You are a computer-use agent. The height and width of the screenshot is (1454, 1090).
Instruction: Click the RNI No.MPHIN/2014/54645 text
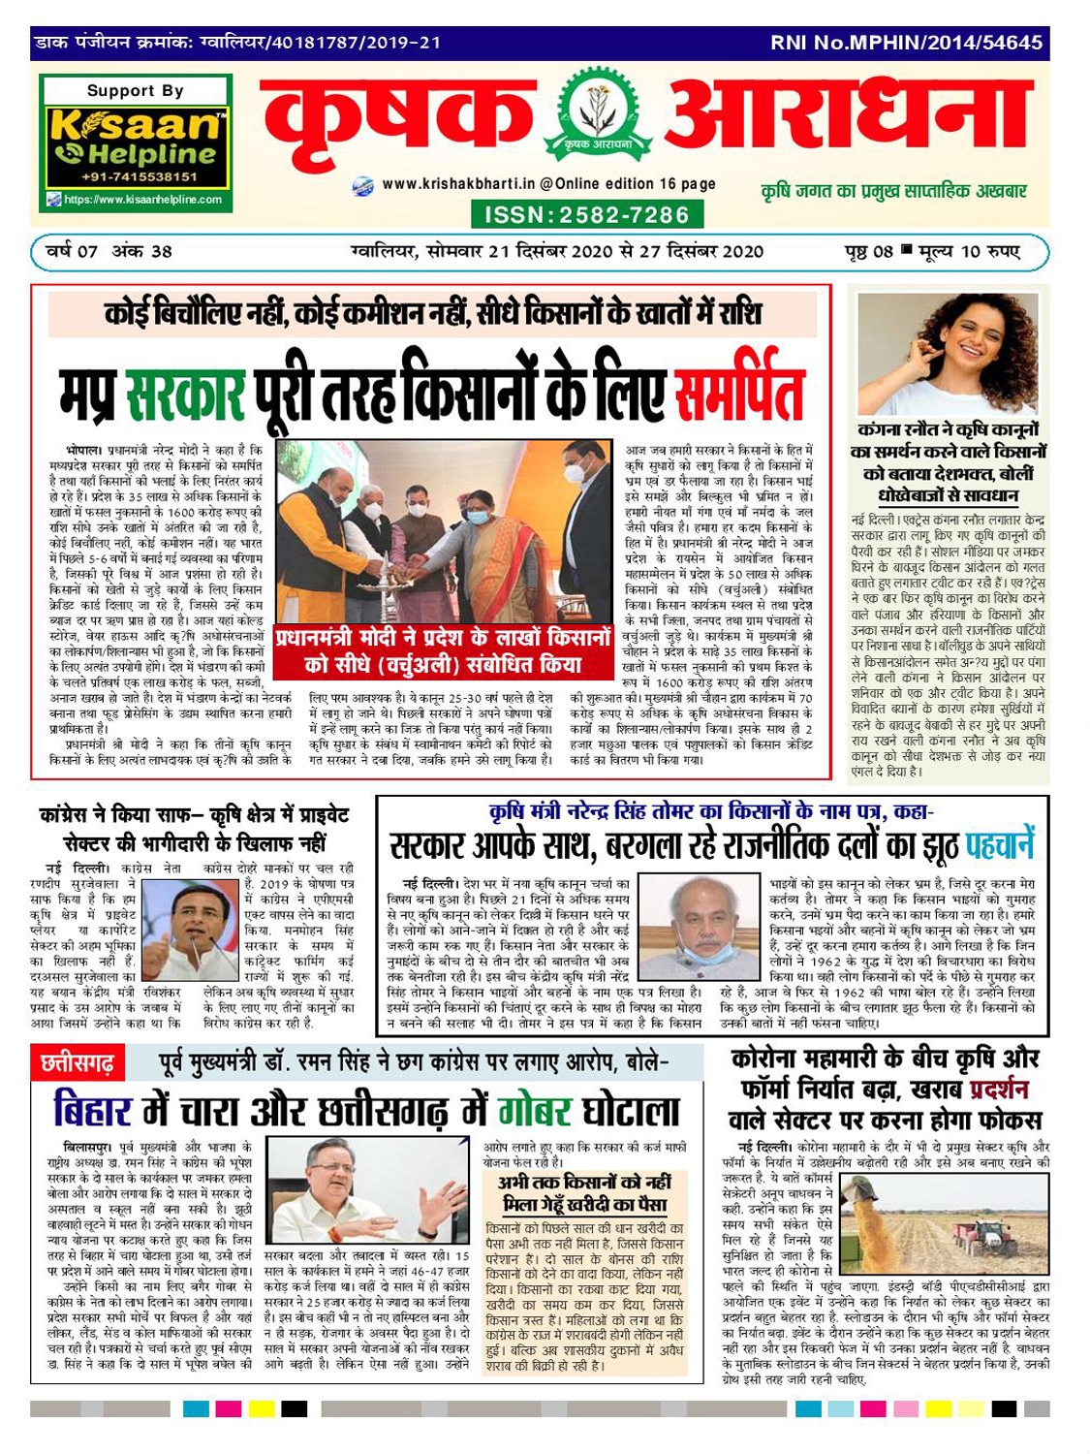point(906,43)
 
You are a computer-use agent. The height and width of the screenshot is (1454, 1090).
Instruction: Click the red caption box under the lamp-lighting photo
point(444,651)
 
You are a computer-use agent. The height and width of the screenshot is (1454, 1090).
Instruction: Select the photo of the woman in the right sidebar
point(948,354)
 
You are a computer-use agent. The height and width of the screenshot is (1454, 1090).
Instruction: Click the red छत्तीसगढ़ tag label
point(78,1064)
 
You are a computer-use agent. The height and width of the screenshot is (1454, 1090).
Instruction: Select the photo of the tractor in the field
point(944,1225)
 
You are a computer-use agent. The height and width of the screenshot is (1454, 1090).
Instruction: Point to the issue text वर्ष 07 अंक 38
point(109,251)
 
